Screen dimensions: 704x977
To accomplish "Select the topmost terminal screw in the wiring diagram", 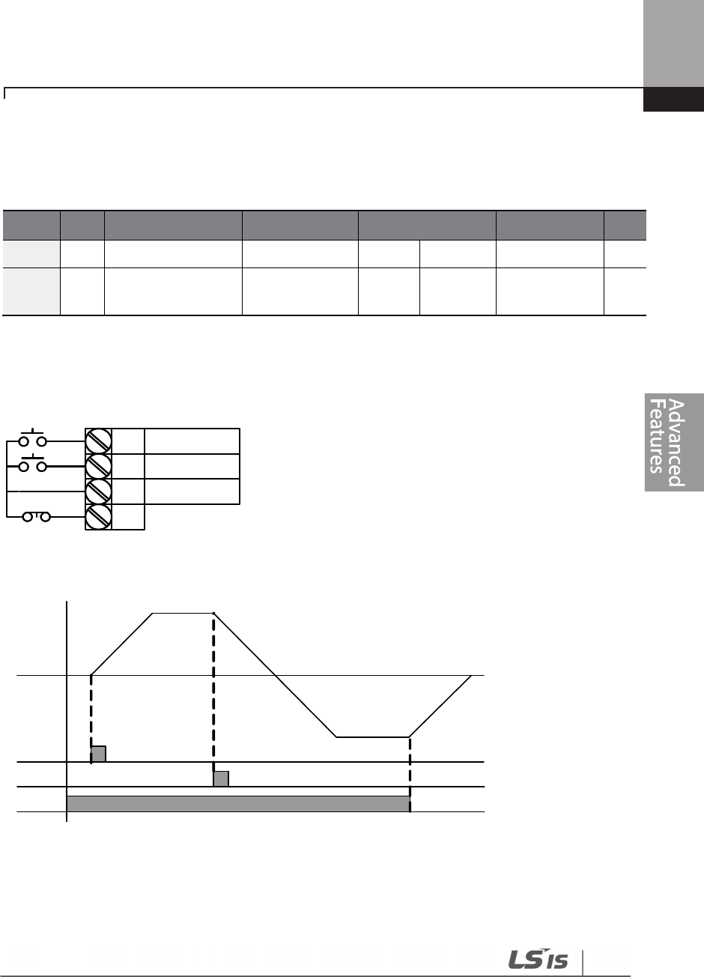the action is pyautogui.click(x=98, y=441).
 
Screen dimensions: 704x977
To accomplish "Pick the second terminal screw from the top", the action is pyautogui.click(x=98, y=466).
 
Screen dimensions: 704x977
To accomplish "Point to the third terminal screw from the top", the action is pyautogui.click(x=98, y=491).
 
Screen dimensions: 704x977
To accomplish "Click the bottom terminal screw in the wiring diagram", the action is pyautogui.click(x=98, y=517).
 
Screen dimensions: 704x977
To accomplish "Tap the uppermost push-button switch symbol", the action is pyautogui.click(x=33, y=439).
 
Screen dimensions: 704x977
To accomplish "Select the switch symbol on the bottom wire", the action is pyautogui.click(x=35, y=517).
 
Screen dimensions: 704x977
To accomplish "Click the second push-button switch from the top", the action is pyautogui.click(x=33, y=465).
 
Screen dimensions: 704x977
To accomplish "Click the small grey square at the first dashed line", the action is pyautogui.click(x=98, y=754).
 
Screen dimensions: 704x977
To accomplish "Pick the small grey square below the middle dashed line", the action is pyautogui.click(x=220, y=778).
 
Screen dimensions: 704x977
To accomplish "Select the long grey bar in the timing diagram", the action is pyautogui.click(x=238, y=804).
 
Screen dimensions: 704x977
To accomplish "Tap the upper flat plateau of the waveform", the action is pyautogui.click(x=183, y=613).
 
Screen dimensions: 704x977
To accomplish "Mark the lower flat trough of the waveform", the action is pyautogui.click(x=372, y=737).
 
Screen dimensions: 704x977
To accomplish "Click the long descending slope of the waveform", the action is pyautogui.click(x=275, y=674).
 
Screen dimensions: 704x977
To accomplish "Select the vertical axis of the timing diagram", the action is pyautogui.click(x=67, y=712).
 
